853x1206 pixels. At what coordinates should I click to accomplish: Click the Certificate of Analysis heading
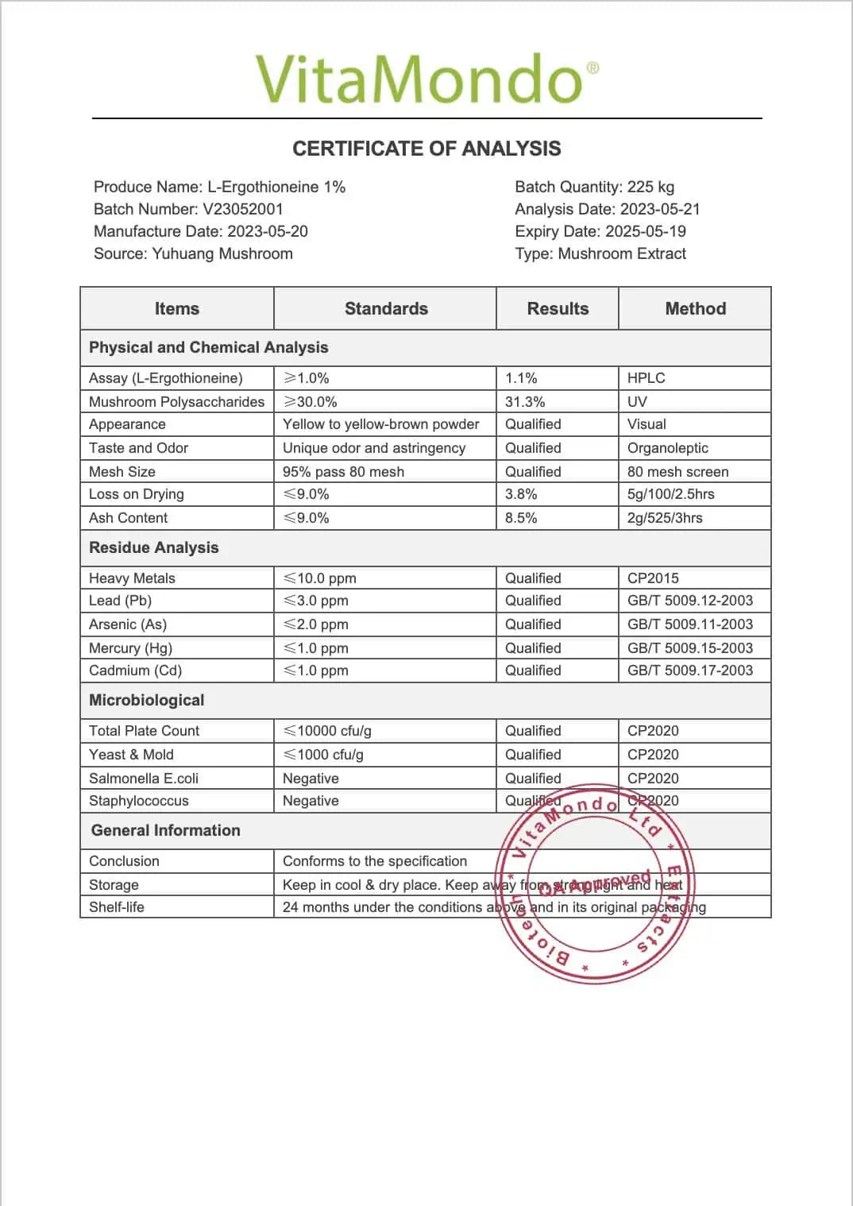[426, 149]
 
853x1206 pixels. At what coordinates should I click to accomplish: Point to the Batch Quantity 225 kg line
[594, 187]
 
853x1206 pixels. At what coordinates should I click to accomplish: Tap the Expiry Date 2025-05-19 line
[600, 231]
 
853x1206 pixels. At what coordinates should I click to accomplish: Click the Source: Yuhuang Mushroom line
[193, 253]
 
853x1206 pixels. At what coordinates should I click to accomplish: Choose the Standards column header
[386, 308]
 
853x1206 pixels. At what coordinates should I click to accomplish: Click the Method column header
[695, 308]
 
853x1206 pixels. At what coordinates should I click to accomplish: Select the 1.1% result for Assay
[521, 378]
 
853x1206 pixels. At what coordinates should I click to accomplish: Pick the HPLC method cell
[646, 378]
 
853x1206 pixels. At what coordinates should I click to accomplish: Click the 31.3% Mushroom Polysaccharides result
[525, 401]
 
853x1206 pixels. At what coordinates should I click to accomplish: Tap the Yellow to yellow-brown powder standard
[380, 424]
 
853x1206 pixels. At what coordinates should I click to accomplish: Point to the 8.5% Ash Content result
[521, 518]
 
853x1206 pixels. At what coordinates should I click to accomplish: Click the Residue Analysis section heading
[153, 547]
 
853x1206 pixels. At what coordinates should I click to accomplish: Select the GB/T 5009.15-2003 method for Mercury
[689, 647]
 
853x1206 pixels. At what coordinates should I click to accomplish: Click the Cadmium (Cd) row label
[135, 671]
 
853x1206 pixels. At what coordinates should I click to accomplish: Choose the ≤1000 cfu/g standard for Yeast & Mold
[323, 755]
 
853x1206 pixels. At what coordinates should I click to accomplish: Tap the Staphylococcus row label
[138, 801]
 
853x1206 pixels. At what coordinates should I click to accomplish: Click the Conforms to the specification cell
[374, 861]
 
